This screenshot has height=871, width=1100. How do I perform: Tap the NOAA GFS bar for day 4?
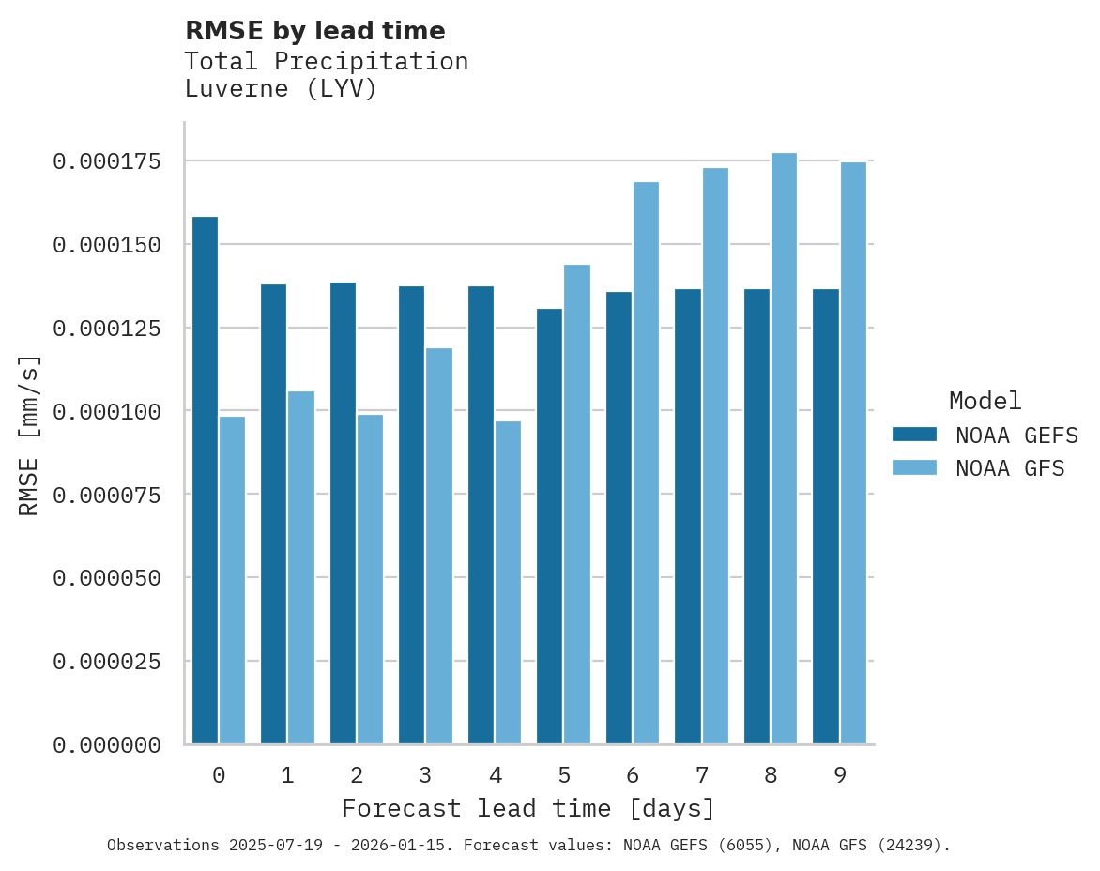tap(508, 582)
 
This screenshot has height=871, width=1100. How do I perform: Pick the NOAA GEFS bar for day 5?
tap(549, 526)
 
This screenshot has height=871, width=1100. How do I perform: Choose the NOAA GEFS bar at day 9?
tap(826, 516)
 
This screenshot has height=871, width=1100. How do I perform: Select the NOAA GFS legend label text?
tap(1010, 467)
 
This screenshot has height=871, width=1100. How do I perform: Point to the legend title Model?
tap(985, 402)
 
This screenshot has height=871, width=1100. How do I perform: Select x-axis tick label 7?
tap(701, 775)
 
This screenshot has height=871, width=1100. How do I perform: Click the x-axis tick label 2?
tap(357, 775)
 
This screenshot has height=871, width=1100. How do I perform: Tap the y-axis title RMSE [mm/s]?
tap(29, 435)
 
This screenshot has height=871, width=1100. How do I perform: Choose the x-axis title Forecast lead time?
tap(528, 808)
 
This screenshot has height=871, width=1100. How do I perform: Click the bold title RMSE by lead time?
tap(314, 31)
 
